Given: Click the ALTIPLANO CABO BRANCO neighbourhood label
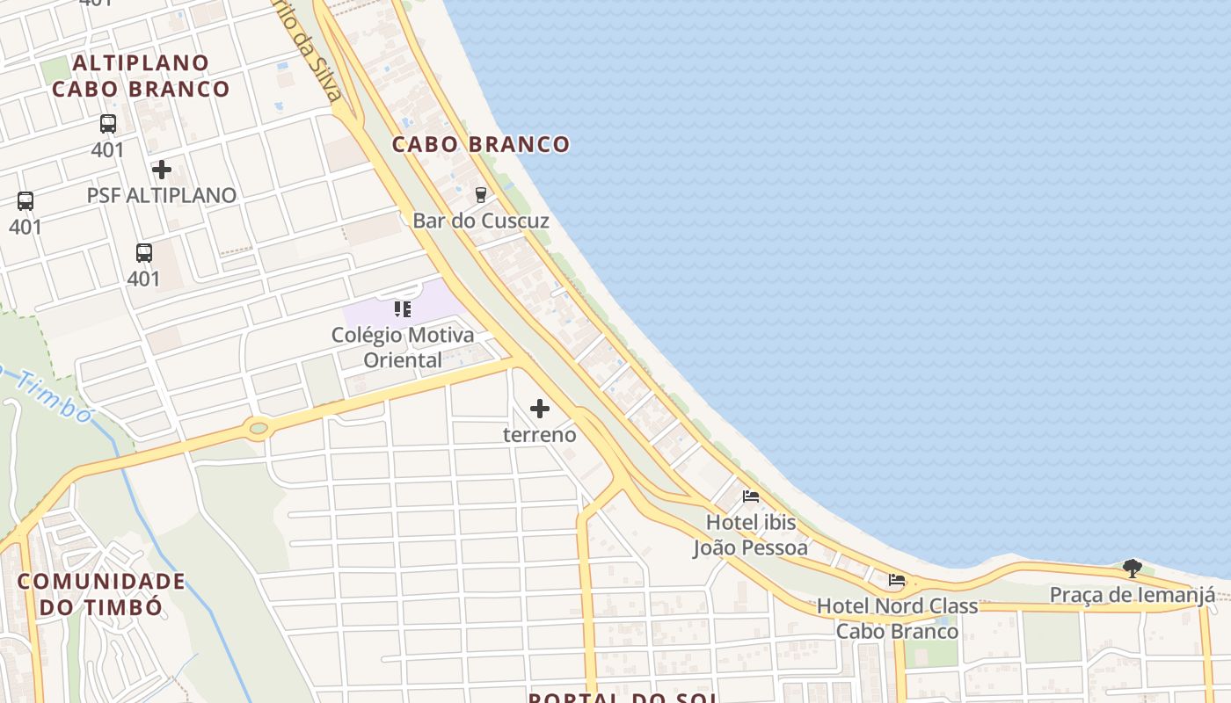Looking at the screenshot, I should tap(141, 76).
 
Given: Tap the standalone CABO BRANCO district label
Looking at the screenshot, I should tap(481, 144).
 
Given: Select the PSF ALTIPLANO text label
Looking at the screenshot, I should tap(162, 195).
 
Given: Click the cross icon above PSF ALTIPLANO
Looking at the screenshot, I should tap(162, 169).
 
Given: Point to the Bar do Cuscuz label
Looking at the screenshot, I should tap(481, 221).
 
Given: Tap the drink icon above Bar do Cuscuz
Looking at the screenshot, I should tap(480, 194).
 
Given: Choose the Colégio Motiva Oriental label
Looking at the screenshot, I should tap(403, 347).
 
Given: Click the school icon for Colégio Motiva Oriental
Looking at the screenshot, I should tap(403, 308).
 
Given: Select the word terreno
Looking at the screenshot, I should tap(540, 434).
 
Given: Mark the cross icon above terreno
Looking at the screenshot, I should tap(540, 408).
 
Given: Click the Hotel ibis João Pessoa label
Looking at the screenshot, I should tap(751, 535).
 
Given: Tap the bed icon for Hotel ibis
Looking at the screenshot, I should tap(750, 496).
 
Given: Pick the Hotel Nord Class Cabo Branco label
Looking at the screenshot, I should tap(897, 619).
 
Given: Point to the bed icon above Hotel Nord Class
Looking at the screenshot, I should tap(897, 580).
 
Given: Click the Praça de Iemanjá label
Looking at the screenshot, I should tap(1133, 595).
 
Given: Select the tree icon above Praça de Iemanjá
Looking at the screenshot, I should tap(1133, 569).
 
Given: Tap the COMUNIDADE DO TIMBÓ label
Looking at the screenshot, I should tap(101, 594).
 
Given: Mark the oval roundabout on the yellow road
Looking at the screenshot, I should tap(258, 429).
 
